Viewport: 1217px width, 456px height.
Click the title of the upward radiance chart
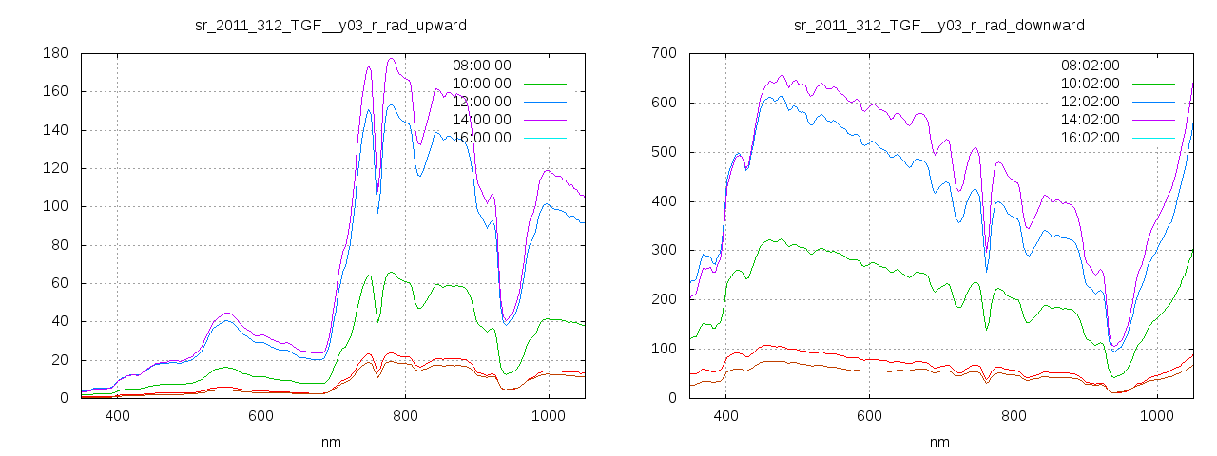click(331, 25)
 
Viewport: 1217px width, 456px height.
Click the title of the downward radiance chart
click(939, 25)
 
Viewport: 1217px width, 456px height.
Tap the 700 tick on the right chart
click(663, 54)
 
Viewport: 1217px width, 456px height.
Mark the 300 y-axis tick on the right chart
click(663, 251)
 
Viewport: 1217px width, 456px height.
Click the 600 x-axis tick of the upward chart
click(261, 416)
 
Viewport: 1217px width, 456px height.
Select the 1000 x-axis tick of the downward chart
click(1156, 416)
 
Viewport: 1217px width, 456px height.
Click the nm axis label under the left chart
click(331, 443)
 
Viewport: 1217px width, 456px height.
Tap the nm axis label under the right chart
click(939, 443)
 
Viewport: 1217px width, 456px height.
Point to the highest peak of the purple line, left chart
click(391, 59)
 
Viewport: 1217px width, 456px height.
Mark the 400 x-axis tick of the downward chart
click(725, 416)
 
